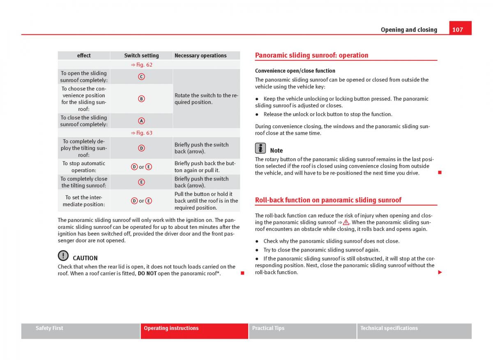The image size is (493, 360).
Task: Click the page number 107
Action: pos(458,29)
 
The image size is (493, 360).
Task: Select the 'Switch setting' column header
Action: pos(141,55)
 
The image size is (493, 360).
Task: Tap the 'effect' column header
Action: pos(84,55)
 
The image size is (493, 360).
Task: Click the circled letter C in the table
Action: pos(141,77)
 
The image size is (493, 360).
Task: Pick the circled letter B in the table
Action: pos(141,99)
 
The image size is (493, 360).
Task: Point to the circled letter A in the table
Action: pos(141,121)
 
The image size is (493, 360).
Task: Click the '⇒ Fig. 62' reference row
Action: pos(142,65)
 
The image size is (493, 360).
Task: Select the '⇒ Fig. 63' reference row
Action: pos(142,133)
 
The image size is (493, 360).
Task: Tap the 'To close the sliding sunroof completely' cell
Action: pos(84,121)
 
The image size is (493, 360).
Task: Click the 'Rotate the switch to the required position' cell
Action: pos(206,99)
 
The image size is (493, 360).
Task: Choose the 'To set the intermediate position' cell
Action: pos(84,201)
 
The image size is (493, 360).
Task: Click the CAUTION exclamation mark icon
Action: pos(63,256)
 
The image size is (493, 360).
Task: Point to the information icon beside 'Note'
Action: pos(260,148)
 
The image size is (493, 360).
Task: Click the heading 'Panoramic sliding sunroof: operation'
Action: pos(311,55)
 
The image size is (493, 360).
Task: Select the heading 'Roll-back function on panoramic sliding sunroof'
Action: pos(328,200)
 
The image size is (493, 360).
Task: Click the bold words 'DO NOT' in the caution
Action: pos(147,274)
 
